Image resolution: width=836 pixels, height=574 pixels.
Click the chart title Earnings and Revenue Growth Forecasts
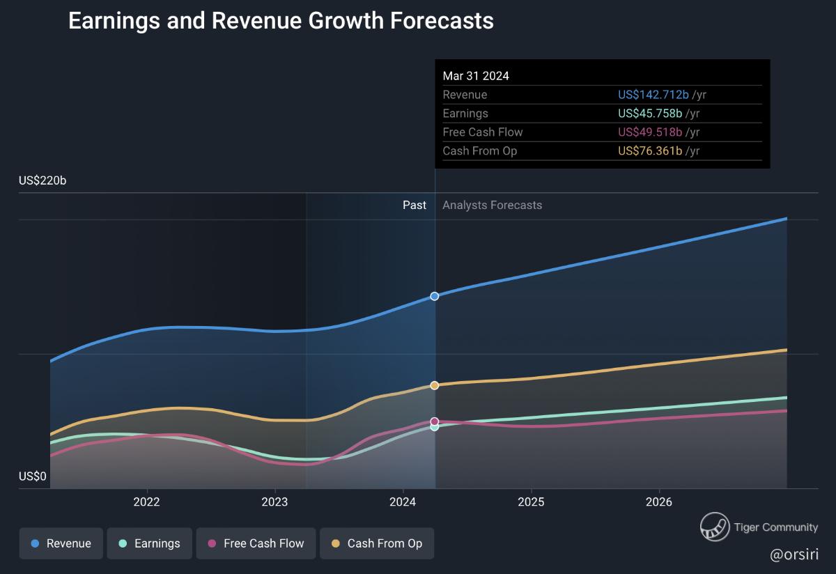pos(281,21)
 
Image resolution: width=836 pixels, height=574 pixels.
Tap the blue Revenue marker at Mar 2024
pos(435,296)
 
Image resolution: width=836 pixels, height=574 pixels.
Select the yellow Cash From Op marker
pos(435,385)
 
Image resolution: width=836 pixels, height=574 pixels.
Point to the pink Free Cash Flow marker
pos(435,421)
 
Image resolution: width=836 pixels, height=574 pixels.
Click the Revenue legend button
pos(61,543)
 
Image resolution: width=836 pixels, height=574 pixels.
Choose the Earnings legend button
pos(149,543)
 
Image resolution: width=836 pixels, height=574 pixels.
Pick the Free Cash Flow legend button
pos(256,543)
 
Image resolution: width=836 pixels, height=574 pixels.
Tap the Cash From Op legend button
pos(376,543)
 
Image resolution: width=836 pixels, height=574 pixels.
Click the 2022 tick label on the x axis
pos(146,502)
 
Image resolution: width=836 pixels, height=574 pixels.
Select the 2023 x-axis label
pos(274,502)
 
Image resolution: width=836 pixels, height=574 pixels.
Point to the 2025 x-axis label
pos(531,502)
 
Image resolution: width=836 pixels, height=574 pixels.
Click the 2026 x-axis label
pos(659,502)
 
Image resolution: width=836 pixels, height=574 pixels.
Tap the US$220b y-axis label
pos(42,181)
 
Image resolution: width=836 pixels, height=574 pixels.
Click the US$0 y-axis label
pos(33,476)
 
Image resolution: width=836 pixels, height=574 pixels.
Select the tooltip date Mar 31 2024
pos(476,76)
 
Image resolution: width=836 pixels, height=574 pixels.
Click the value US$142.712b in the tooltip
pos(650,95)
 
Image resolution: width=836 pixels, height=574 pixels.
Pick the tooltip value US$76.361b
pos(650,150)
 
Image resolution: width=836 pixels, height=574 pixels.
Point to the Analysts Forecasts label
pos(492,205)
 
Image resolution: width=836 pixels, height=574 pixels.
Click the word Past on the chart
pos(415,205)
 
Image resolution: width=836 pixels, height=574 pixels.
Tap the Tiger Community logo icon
pos(714,527)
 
